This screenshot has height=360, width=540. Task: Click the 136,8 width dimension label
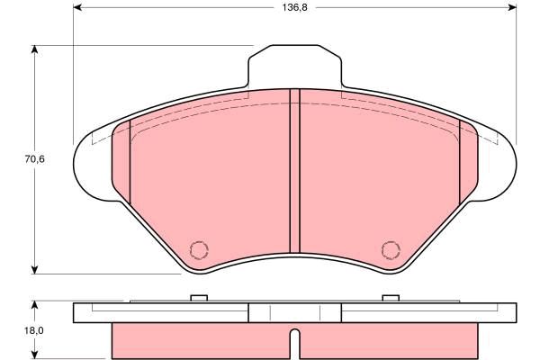click(x=294, y=7)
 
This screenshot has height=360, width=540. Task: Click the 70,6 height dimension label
click(x=35, y=159)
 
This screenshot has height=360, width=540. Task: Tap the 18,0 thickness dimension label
click(x=34, y=330)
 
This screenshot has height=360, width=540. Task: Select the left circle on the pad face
click(x=199, y=250)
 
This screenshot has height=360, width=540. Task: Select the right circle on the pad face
click(x=391, y=250)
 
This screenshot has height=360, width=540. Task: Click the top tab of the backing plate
click(x=295, y=66)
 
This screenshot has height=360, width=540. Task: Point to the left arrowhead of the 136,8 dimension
click(x=77, y=7)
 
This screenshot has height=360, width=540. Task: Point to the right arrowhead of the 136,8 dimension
click(x=512, y=7)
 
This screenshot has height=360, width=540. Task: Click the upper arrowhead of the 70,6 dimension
click(x=34, y=49)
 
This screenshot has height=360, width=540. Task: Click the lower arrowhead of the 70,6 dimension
click(x=34, y=270)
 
